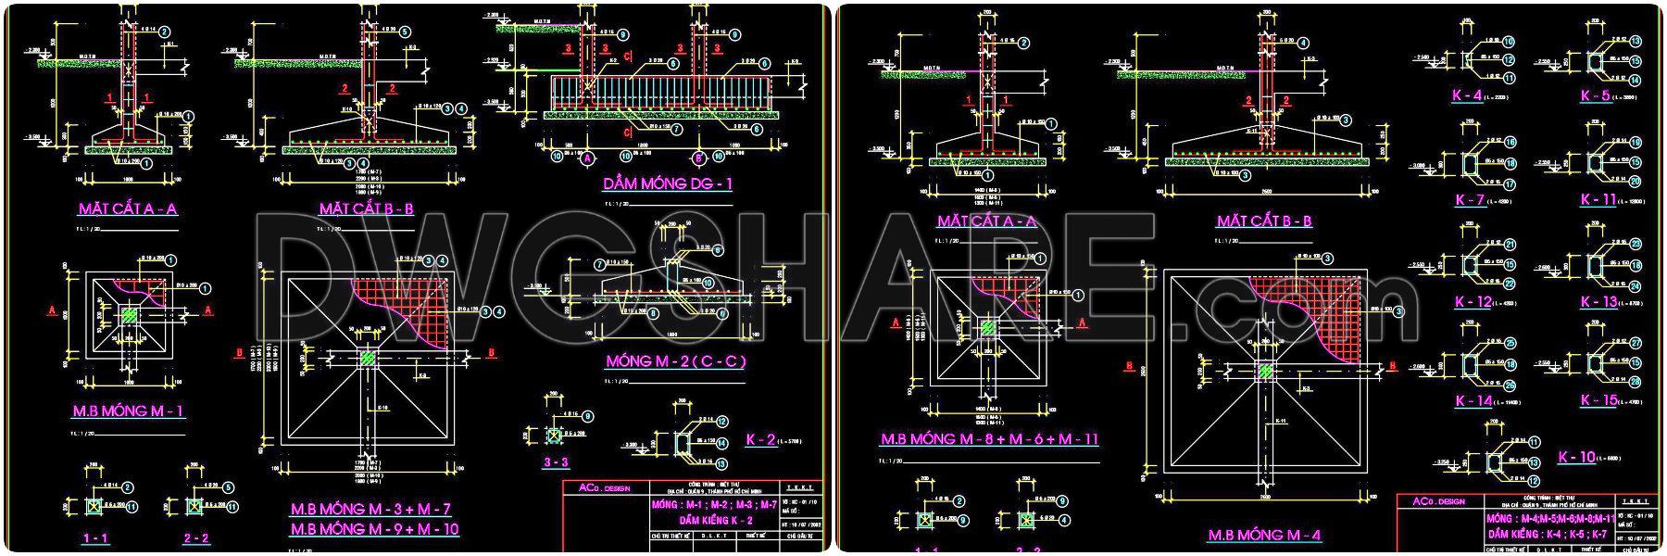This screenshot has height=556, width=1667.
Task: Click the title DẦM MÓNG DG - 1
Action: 667,183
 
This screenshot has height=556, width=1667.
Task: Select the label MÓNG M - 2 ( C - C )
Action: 675,361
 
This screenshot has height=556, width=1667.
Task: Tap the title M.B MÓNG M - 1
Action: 129,411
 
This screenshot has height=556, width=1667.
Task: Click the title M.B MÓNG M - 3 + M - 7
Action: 370,509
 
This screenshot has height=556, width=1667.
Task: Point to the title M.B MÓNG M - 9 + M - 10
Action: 375,529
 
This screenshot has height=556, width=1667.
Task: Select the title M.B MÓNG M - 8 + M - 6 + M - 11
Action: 989,438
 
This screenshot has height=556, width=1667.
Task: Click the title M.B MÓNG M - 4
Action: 1264,535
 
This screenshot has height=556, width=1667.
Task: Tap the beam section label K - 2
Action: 759,439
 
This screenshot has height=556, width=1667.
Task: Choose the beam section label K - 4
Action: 1468,95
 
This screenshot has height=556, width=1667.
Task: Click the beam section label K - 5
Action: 1594,95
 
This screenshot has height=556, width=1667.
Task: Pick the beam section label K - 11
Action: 1598,199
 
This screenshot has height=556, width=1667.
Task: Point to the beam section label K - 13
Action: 1598,302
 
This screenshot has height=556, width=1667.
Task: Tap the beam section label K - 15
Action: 1598,400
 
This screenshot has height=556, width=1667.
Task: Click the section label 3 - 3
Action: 556,461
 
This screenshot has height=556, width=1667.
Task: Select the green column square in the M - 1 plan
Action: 131,315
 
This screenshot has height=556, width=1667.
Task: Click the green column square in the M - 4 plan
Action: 1265,372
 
